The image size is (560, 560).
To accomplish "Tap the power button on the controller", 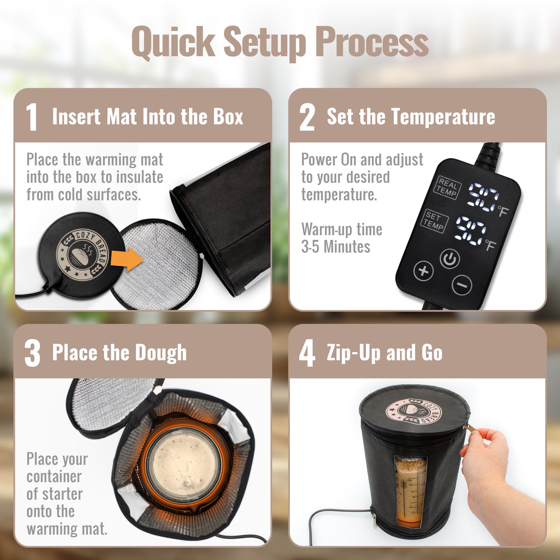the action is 450,258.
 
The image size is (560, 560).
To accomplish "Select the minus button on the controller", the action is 462,285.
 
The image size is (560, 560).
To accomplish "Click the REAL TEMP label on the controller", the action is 448,188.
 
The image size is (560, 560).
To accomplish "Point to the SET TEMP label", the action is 434,221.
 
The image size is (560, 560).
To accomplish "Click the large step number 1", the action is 32,117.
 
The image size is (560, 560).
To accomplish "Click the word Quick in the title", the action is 173,42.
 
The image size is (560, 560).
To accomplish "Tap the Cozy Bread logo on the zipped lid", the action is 414,411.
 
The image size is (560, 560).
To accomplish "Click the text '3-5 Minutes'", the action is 336,247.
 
